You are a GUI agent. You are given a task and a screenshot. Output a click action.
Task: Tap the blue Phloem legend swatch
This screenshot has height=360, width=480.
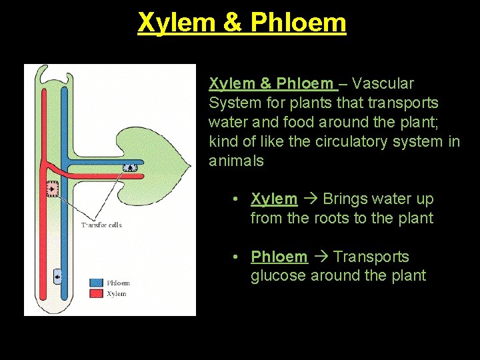[96, 283]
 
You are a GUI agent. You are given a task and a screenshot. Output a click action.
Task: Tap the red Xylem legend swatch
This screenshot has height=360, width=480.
[96, 293]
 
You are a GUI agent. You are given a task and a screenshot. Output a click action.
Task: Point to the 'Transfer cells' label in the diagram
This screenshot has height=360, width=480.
[101, 225]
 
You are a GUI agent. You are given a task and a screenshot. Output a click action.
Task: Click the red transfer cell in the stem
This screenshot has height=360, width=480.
[51, 190]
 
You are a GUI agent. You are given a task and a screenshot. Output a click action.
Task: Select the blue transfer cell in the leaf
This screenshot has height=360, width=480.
[129, 169]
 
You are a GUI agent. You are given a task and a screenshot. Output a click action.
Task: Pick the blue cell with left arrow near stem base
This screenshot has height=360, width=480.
[59, 276]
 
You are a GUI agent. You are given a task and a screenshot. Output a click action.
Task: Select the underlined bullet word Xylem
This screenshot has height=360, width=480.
[274, 199]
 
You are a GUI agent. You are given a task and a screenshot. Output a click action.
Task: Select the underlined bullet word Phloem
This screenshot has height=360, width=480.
[279, 257]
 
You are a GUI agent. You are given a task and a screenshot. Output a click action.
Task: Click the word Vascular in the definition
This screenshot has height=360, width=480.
[383, 83]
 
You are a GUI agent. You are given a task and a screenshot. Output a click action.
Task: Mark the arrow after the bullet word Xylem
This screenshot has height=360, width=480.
[310, 199]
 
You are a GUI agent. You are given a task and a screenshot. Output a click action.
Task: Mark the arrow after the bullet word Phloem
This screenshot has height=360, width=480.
[320, 257]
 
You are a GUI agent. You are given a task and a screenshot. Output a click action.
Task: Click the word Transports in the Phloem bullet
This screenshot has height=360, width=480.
[371, 257]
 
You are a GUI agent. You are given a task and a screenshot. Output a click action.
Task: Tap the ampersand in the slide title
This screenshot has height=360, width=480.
[232, 23]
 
